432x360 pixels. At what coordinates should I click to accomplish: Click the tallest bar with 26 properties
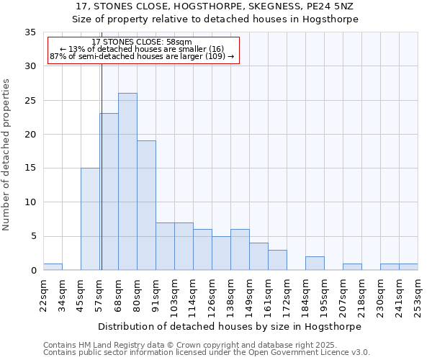tap(127, 181)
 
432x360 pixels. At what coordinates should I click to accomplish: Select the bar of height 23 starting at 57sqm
tap(109, 192)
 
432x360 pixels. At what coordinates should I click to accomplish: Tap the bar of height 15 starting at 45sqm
tap(90, 219)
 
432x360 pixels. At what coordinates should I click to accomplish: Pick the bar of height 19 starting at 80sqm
tap(146, 205)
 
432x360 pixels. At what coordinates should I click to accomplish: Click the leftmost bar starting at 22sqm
tap(53, 267)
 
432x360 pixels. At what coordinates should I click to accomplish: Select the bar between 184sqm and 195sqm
tap(315, 264)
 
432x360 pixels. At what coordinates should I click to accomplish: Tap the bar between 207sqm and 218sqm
tap(352, 267)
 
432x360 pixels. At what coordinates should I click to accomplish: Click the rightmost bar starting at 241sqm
tap(408, 267)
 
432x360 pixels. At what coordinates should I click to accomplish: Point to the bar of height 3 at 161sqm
tap(277, 260)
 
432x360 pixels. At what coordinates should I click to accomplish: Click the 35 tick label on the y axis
tap(30, 32)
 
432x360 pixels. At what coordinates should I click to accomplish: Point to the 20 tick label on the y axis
tap(30, 135)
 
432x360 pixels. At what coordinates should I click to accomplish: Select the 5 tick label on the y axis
tap(33, 237)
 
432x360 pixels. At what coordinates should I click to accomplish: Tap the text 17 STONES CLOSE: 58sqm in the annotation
tap(142, 42)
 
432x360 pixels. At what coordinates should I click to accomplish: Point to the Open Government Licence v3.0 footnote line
tap(206, 353)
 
